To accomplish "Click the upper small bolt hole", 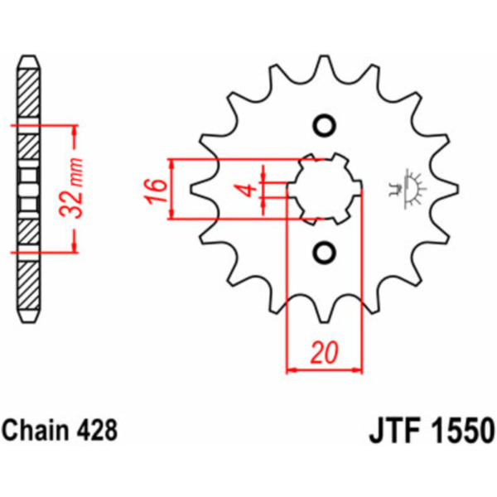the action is [x=324, y=126].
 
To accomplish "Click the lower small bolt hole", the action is [x=324, y=253].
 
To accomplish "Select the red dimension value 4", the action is [x=251, y=190].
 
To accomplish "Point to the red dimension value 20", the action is [x=324, y=353].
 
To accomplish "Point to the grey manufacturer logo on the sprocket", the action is [x=408, y=189].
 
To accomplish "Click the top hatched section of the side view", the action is [x=29, y=93].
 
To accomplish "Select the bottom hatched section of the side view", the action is [x=29, y=287].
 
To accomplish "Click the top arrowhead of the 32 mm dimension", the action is [x=75, y=131].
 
